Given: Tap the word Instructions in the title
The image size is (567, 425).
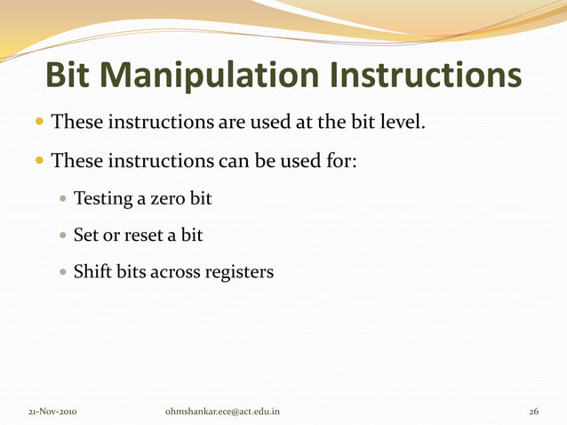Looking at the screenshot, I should pos(425,76).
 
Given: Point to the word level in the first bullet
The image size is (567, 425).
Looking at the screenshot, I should pos(403,120).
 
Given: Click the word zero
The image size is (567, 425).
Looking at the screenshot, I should pos(168,198).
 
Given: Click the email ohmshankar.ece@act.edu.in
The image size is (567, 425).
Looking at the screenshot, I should pos(223,413).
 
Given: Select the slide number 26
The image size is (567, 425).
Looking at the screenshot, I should pos(533,413).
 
